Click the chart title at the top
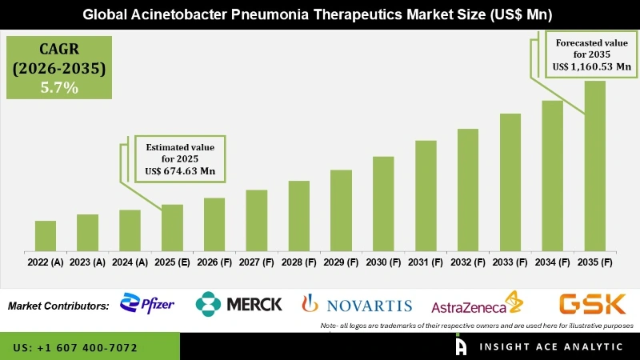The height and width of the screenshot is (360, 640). pos(320,14)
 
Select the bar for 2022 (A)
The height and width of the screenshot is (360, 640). pos(46,236)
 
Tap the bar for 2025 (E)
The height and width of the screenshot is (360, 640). pos(172,228)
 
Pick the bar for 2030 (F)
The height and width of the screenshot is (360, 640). pos(383,204)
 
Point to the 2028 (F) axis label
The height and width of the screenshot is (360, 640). pos(299,262)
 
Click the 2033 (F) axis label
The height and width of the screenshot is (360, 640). pos(510,262)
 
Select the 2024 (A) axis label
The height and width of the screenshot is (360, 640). pos(130,262)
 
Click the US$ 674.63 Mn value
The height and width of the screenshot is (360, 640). pos(181,171)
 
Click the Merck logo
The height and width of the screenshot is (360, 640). pos(239,304)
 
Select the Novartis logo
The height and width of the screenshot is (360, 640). pos(357,305)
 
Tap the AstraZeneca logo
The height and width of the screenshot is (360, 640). pos(477,306)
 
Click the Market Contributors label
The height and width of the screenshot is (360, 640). pos(58,306)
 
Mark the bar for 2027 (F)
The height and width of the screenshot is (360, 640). pos(257,220)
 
